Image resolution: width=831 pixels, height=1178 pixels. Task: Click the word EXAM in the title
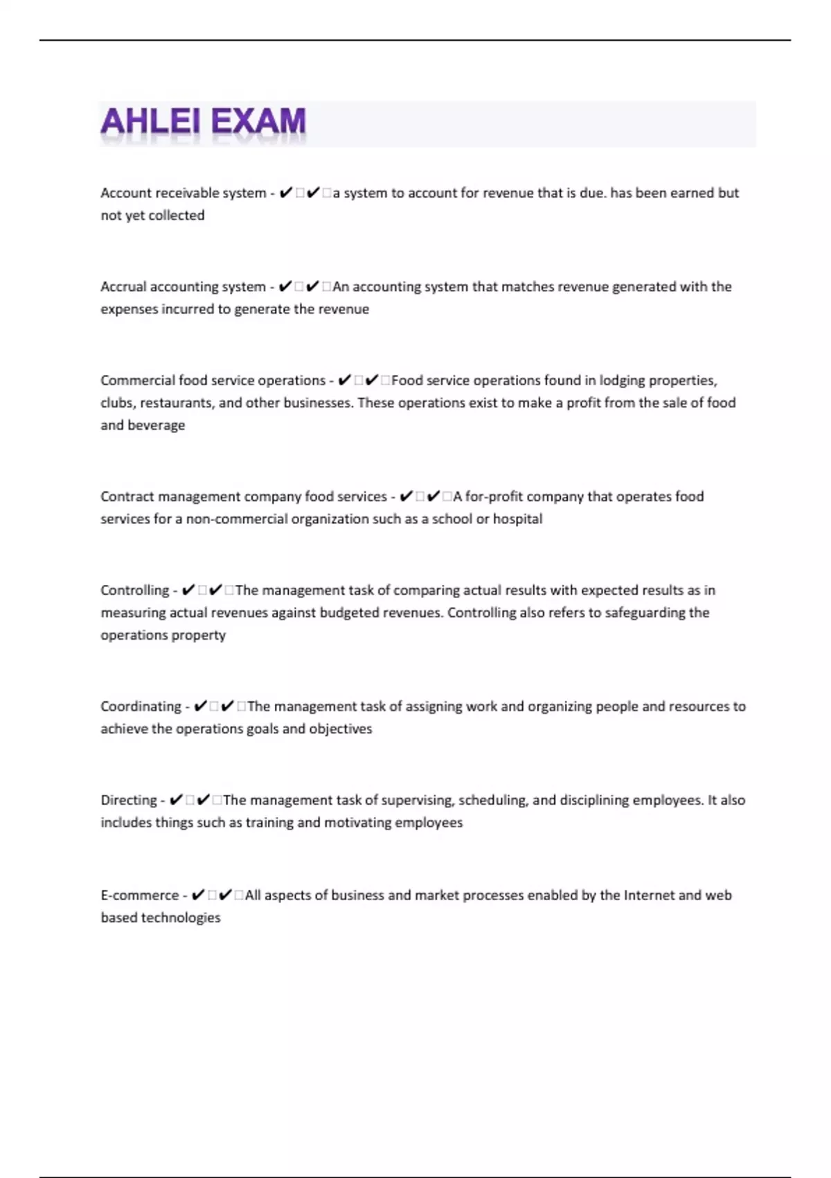pos(258,122)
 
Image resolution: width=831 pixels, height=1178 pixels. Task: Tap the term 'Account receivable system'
pos(183,193)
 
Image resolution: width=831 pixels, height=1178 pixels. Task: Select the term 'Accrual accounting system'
pos(183,287)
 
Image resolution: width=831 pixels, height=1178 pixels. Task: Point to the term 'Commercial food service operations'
pos(213,380)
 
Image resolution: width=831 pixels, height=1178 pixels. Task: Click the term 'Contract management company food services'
pos(243,497)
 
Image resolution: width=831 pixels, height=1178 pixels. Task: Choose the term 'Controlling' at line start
pos(134,590)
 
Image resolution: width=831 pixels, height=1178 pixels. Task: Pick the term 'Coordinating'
pos(141,707)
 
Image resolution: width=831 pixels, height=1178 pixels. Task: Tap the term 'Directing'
pos(129,800)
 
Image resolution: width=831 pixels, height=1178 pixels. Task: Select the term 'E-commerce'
pos(139,895)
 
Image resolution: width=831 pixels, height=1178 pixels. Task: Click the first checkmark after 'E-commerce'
pos(198,895)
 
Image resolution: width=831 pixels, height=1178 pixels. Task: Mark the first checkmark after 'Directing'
pos(177,800)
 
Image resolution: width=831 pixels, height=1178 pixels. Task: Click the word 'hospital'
pos(517,519)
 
